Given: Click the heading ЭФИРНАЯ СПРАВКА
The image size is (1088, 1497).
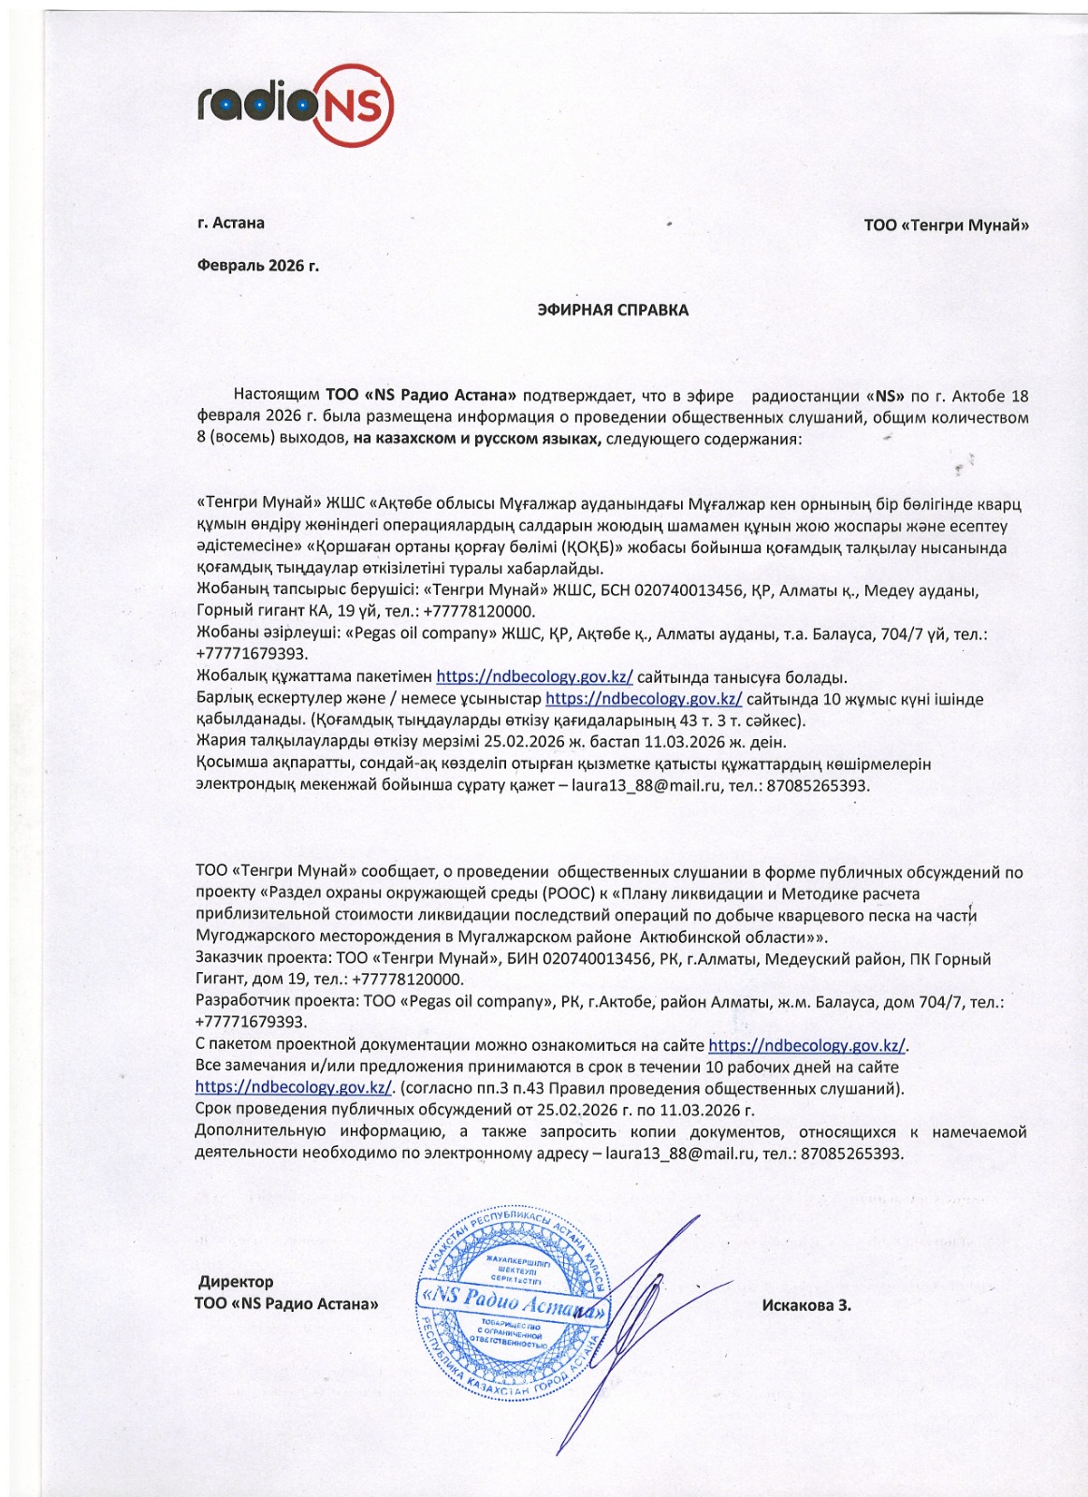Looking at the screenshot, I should pyautogui.click(x=613, y=310).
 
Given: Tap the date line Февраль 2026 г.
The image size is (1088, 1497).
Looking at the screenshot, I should pyautogui.click(x=258, y=266).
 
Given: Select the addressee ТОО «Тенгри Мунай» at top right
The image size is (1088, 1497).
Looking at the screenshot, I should pyautogui.click(x=946, y=225).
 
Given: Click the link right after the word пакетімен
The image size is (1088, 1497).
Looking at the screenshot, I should pyautogui.click(x=534, y=676).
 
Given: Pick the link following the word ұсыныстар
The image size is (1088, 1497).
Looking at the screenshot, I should pyautogui.click(x=644, y=699).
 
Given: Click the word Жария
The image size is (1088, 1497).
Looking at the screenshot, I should pyautogui.click(x=214, y=742).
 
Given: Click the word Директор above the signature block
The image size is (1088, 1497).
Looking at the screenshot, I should pyautogui.click(x=236, y=1282).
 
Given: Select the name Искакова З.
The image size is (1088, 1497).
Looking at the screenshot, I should pyautogui.click(x=806, y=1305).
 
